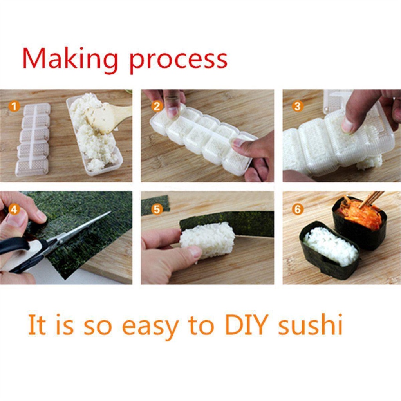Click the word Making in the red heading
(x=70, y=60)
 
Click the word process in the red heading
(x=179, y=61)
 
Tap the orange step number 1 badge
(x=14, y=106)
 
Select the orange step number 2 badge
(x=157, y=106)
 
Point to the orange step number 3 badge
(x=297, y=106)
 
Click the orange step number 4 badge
(x=14, y=209)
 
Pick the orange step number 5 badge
(x=157, y=209)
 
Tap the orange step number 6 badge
(x=297, y=209)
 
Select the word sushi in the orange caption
(x=310, y=324)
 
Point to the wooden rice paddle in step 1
(x=107, y=116)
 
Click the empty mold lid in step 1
(x=33, y=140)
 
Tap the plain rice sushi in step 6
(x=330, y=249)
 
